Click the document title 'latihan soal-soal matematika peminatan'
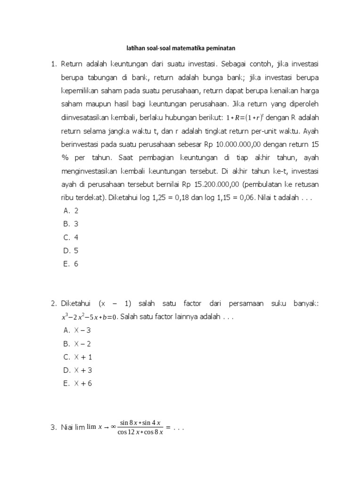181,48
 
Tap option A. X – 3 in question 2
77,331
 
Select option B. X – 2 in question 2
77,344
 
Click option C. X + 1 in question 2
77,357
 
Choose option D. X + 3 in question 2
77,370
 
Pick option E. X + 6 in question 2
77,383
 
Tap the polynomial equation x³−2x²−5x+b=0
89,317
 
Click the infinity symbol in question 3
113,427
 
